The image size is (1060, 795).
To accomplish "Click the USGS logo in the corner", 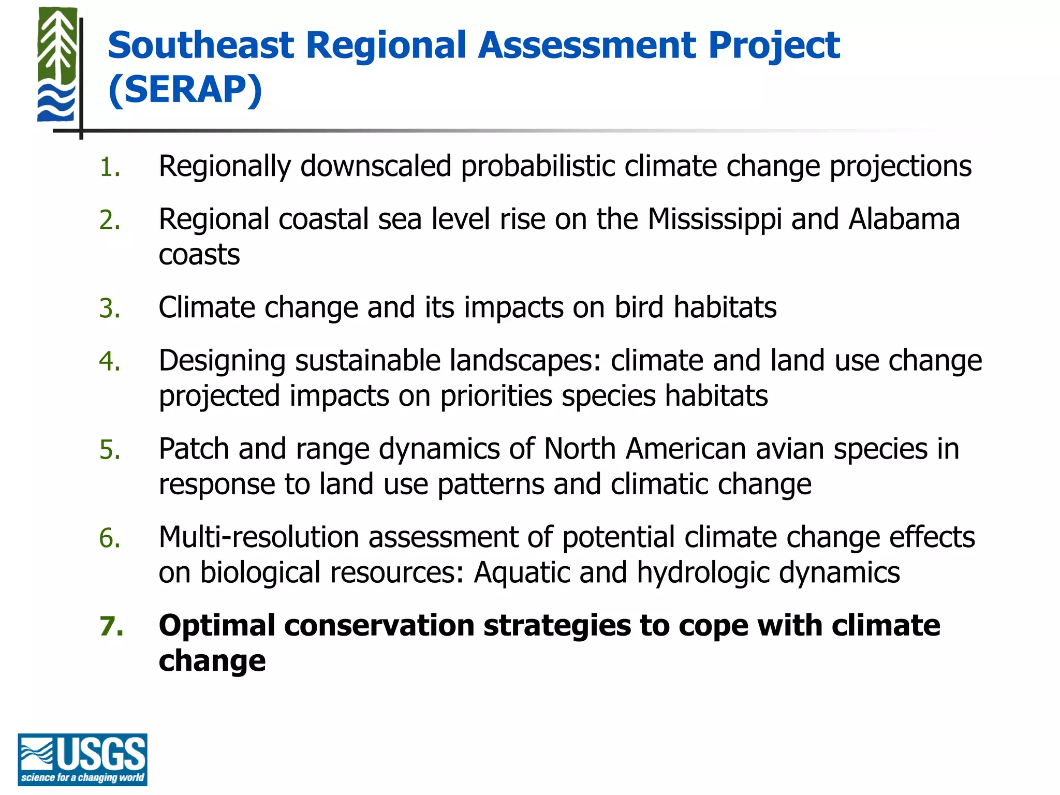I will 82,759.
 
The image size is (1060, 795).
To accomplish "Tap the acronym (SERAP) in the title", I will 185,90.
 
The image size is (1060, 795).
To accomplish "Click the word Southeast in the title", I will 201,46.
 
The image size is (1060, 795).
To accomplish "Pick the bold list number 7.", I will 111,626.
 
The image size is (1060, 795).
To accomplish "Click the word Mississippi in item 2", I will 714,219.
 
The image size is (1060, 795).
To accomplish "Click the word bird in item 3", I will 639,307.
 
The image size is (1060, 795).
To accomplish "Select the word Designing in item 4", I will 222,361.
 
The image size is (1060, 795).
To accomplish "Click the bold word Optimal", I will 217,626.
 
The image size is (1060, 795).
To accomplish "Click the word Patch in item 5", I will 194,449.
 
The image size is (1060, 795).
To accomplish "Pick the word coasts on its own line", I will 199,255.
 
